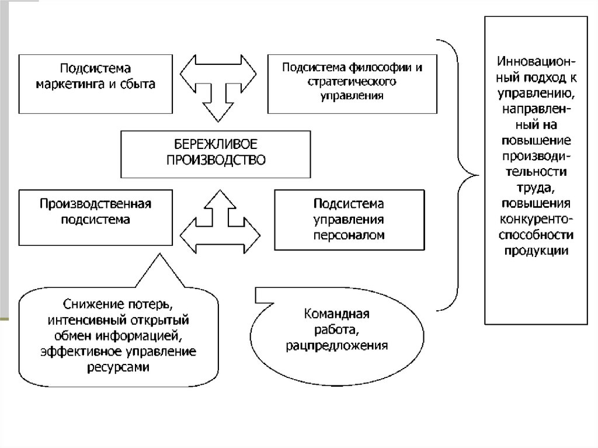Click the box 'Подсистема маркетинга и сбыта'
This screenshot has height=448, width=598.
coord(96,84)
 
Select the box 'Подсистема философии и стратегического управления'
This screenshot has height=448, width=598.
coord(352,84)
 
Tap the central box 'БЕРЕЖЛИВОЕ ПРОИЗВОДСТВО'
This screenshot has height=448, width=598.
coord(215,154)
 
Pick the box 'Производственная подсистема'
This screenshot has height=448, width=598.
coord(96,217)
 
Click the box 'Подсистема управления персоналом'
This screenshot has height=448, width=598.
coord(348,220)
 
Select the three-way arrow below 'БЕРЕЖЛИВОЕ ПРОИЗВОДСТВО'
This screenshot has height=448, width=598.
coord(219,220)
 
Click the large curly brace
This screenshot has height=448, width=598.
coord(458,174)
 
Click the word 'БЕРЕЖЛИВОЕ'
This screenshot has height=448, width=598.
coord(216,144)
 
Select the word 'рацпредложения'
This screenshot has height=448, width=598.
coord(337,346)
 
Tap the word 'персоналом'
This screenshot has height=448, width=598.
coord(349,235)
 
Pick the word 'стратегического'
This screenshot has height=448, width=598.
coord(352,81)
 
